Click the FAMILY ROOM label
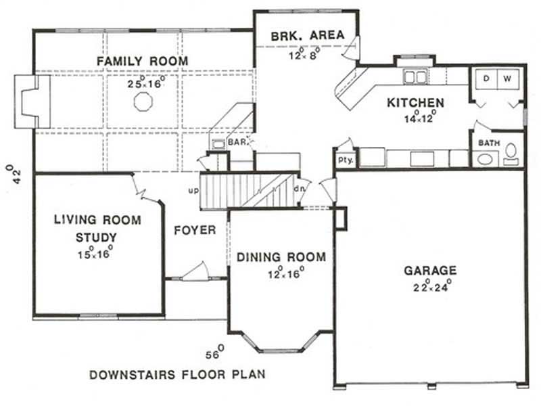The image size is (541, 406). click(x=142, y=62)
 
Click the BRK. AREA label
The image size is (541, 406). click(x=308, y=35)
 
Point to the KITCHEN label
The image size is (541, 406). click(x=415, y=103)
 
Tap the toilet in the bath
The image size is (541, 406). click(x=511, y=152)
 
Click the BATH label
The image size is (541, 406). click(x=489, y=143)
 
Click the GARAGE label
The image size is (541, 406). click(x=430, y=271)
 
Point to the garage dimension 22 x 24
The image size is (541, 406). click(x=430, y=286)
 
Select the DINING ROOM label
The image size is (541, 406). click(x=281, y=257)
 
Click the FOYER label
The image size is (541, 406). click(x=195, y=230)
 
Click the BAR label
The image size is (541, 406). click(x=236, y=143)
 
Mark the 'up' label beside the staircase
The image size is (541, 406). click(x=193, y=191)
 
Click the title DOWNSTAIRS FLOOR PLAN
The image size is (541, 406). click(x=177, y=374)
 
